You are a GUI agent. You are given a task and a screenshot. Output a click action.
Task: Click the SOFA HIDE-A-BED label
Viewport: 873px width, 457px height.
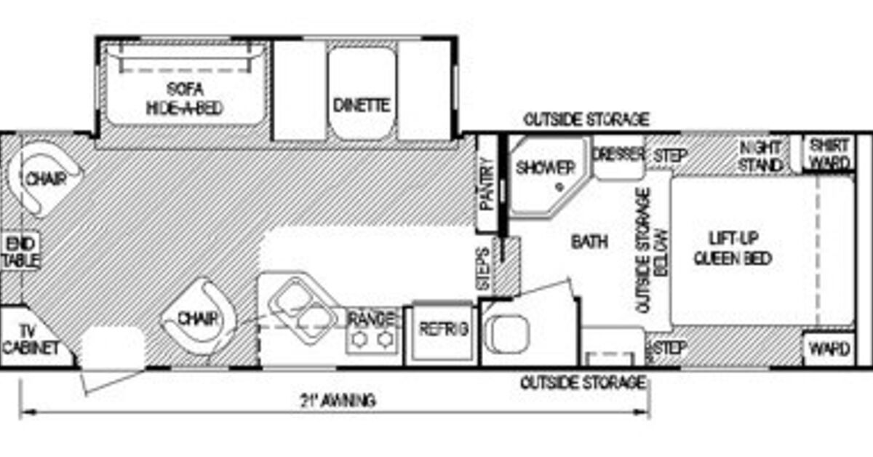184,99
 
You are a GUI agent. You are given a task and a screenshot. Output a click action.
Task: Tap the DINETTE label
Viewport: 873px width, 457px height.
362,105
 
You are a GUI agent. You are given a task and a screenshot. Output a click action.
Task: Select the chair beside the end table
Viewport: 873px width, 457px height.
42,177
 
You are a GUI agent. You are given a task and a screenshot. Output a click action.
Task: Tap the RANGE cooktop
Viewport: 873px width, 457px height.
372,329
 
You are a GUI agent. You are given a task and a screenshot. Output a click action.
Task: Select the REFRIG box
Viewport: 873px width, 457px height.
442,330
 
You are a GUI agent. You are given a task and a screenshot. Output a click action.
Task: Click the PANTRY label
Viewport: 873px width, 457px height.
487,185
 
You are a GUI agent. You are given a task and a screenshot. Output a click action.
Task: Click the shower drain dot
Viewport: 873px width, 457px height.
559,186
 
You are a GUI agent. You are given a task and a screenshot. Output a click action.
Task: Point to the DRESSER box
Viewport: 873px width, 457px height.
618,156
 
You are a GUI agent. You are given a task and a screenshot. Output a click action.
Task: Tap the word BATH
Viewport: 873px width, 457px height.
589,242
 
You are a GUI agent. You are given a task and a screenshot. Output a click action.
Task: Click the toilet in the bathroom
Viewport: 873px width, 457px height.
503,331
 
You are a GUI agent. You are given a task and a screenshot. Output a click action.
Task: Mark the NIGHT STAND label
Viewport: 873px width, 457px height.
760,156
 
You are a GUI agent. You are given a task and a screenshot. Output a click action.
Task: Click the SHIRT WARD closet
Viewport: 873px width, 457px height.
829,153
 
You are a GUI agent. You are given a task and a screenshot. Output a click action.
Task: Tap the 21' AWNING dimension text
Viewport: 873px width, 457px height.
337,400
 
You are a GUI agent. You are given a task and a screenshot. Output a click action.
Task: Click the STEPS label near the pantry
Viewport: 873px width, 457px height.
482,268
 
